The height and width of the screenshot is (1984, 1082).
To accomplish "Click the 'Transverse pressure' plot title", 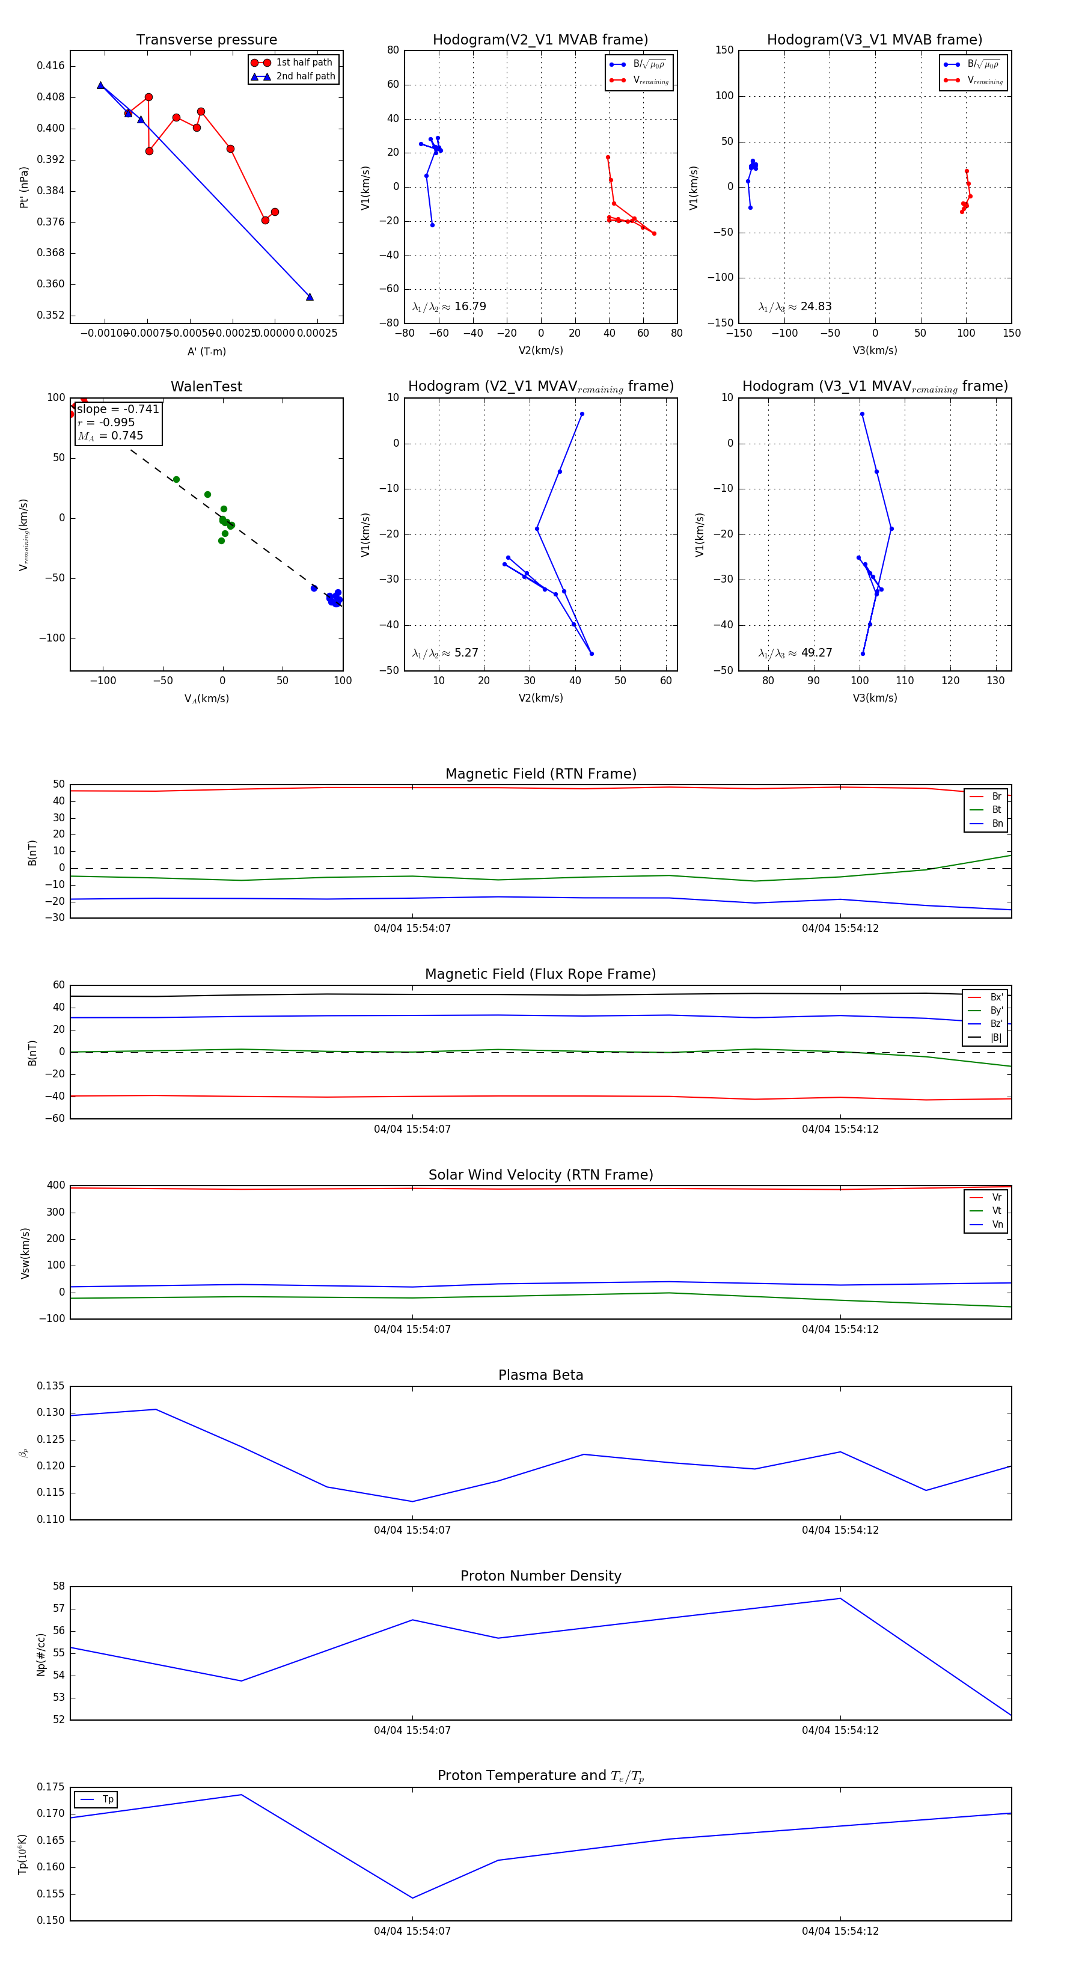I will [206, 40].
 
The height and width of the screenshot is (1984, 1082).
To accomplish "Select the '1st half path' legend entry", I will [304, 63].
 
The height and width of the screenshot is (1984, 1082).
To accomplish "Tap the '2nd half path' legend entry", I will [305, 76].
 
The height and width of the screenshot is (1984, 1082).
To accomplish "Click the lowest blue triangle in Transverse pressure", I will [310, 296].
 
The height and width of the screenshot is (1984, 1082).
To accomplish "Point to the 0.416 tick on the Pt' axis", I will [51, 66].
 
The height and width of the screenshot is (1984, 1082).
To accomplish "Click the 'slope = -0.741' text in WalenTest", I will [118, 409].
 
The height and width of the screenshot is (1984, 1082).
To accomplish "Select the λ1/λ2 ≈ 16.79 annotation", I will [449, 307].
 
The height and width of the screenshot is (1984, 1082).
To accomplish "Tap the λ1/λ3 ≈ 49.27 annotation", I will [795, 653].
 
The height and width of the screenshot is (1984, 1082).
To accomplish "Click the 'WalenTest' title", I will [206, 387].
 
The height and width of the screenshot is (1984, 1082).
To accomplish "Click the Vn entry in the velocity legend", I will [997, 1225].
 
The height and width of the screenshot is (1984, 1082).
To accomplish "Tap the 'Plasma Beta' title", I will [540, 1376].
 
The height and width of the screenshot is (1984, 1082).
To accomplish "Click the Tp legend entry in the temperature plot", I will [107, 1800].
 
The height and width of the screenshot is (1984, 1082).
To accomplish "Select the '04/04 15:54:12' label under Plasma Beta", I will [839, 1530].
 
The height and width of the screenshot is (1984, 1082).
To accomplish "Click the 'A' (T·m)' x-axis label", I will [206, 352].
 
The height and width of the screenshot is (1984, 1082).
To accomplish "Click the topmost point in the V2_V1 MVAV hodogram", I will [581, 414].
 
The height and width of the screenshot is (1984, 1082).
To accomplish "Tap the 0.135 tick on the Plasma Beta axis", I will [51, 1386].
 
